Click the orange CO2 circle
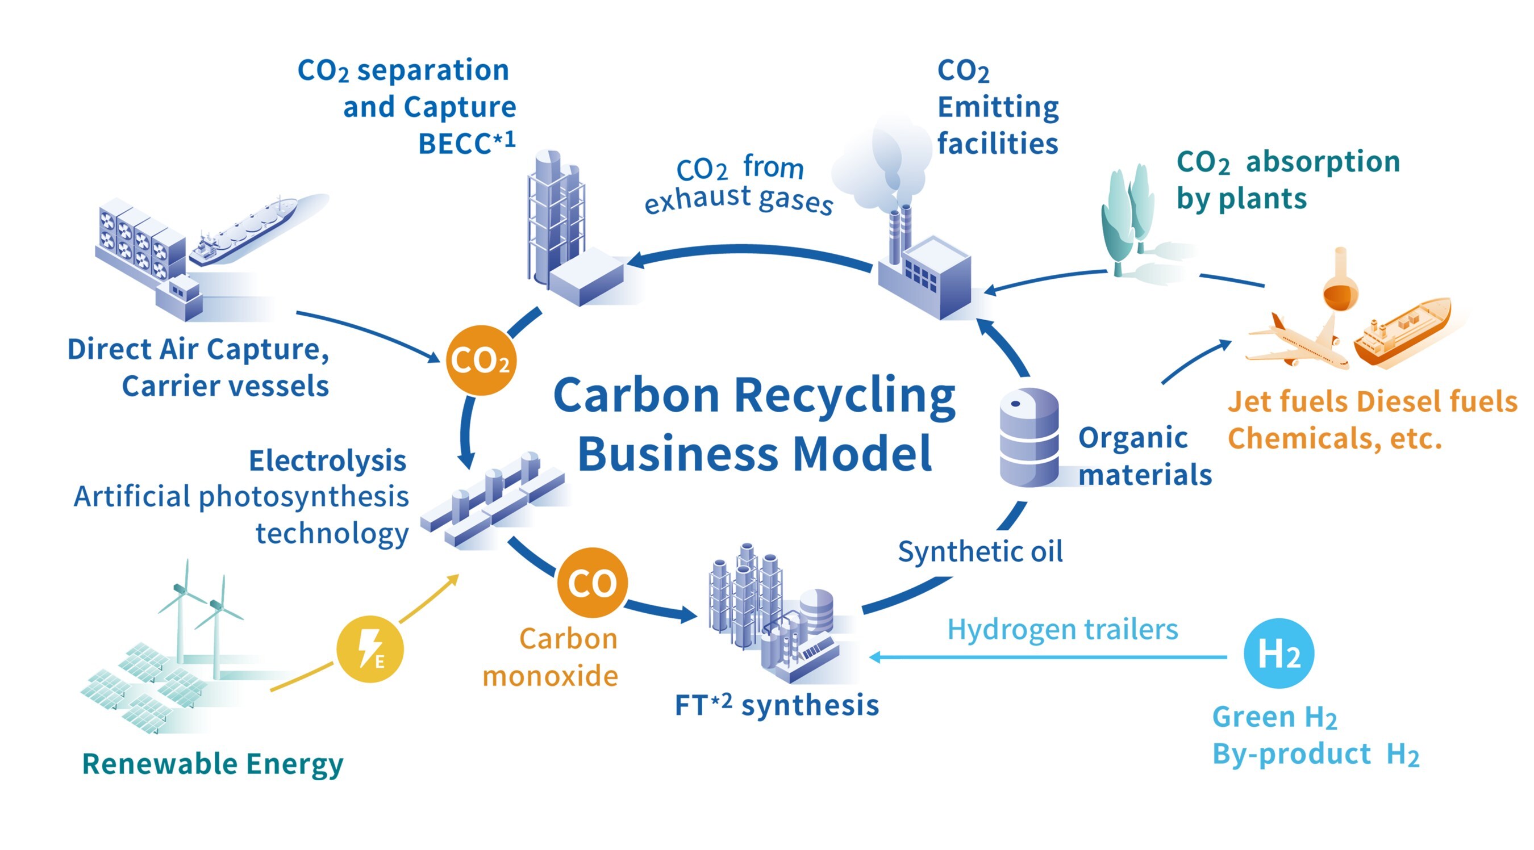(481, 360)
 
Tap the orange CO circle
(592, 582)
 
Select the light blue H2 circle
(1278, 653)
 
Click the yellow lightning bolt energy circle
(370, 648)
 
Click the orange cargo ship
(1402, 330)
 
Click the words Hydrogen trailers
(1062, 629)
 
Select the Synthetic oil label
(980, 551)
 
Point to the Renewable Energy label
(212, 764)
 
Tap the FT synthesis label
(777, 705)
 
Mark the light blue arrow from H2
(1048, 657)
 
